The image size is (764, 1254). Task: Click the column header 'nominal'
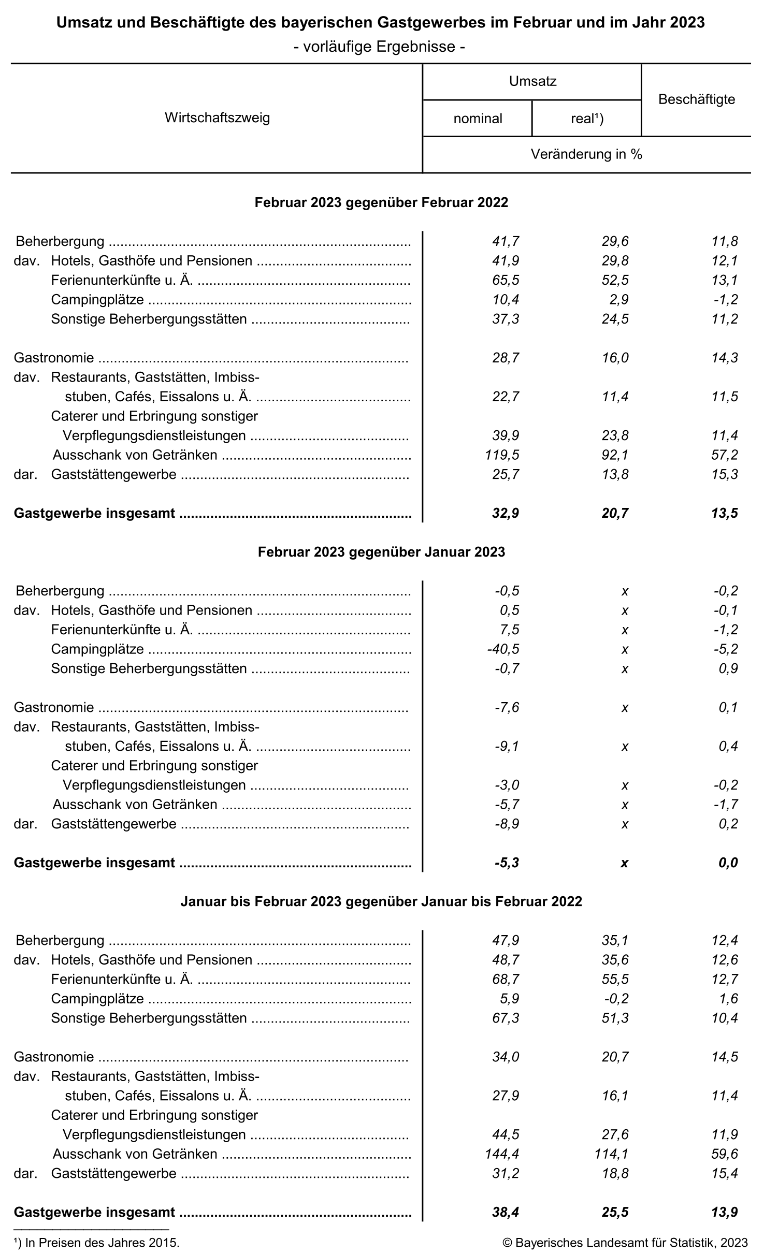coord(478,119)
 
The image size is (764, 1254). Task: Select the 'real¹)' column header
coord(587,119)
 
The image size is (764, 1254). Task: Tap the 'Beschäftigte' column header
coord(696,99)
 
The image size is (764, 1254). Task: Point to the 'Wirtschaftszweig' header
coord(217,118)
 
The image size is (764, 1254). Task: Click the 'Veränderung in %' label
coord(586,154)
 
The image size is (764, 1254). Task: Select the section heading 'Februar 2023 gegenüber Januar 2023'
coord(381,552)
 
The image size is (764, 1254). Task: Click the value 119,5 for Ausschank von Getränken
coord(501,455)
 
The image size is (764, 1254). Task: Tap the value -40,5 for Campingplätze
coord(503,649)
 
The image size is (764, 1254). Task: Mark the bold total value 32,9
coord(506,513)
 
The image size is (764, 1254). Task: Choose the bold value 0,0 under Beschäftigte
coord(728,863)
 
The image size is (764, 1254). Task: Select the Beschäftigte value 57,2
coord(725,455)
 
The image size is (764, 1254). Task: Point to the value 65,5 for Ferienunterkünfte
coord(506,280)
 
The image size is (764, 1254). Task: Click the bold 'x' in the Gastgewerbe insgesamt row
coord(624,863)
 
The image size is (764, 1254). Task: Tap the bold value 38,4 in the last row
coord(506,1212)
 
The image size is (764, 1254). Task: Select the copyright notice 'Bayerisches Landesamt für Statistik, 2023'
coord(625,1243)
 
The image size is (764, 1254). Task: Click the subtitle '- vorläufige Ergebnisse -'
coord(379,47)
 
